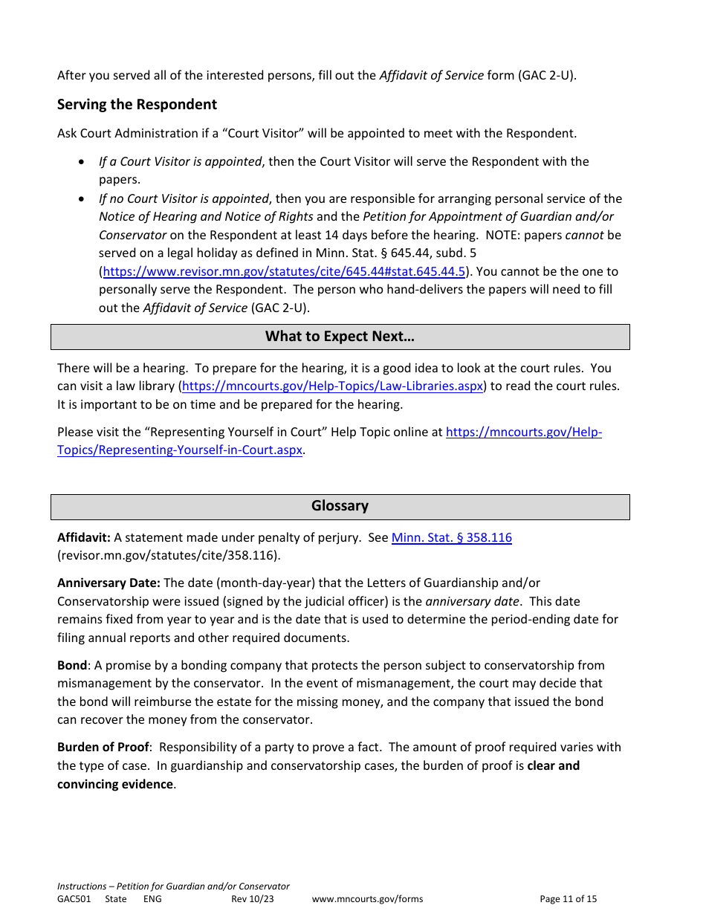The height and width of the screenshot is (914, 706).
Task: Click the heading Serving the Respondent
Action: (137, 105)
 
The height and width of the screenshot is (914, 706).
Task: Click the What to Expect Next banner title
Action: (340, 337)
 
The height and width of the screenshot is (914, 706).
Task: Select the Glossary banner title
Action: (340, 506)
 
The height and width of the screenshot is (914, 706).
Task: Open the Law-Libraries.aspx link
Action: (332, 386)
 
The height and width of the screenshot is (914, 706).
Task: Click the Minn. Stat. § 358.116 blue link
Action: (451, 537)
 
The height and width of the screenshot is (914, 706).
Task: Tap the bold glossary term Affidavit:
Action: (83, 537)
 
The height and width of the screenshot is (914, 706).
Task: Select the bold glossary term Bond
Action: (71, 665)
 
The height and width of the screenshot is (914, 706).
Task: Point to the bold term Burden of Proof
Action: (103, 748)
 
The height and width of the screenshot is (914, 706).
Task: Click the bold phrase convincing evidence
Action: (114, 784)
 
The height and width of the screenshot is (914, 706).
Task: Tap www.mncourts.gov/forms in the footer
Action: (367, 899)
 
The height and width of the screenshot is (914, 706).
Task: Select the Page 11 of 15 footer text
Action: (568, 899)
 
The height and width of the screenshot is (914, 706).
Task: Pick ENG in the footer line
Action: (152, 899)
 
